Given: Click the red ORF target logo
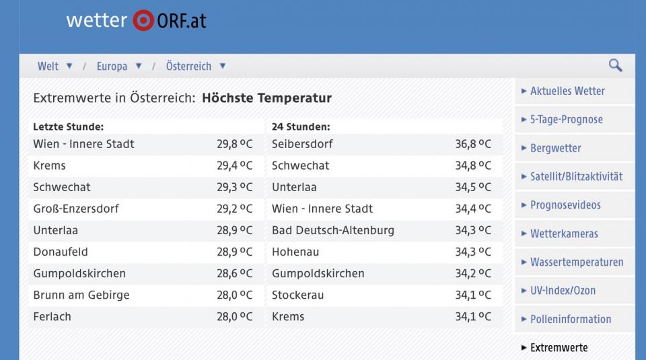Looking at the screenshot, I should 143,20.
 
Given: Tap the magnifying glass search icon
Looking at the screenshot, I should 615,65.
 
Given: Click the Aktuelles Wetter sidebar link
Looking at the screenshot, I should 567,91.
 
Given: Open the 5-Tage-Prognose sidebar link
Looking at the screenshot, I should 566,120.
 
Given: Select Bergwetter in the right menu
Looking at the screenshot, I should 555,148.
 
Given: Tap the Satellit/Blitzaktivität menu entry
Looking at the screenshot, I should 576,176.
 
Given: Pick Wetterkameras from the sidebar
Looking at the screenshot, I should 564,233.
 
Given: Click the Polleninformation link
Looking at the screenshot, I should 571,319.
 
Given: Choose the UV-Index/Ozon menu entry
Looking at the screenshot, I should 563,291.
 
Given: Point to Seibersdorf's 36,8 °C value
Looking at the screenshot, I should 473,144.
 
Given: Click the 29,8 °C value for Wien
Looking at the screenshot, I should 234,144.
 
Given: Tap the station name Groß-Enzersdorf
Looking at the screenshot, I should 76,209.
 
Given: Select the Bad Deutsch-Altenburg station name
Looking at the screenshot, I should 333,230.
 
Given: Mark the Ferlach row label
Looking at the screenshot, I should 52,316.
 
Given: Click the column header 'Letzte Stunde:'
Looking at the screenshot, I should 68,127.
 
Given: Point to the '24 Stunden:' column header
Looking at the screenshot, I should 301,127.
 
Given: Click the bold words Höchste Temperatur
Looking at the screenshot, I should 266,98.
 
